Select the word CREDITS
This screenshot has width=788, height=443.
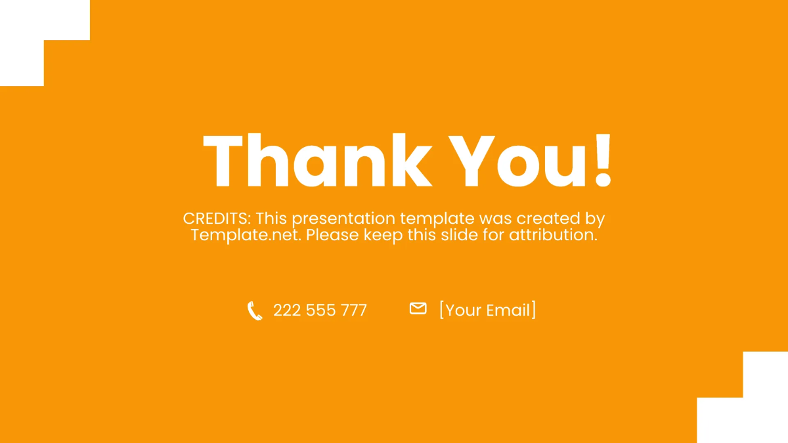216,219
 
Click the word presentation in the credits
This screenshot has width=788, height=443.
343,219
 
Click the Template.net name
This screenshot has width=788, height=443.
246,235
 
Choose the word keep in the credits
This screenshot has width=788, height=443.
383,235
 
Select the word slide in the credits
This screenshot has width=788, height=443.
459,235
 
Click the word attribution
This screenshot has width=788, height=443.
553,235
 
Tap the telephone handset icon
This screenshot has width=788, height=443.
254,310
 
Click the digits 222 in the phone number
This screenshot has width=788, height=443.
286,310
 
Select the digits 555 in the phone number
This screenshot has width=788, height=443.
320,310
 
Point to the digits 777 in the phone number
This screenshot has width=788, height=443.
353,310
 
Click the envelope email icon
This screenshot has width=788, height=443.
418,308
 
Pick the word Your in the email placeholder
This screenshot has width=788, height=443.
464,310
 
